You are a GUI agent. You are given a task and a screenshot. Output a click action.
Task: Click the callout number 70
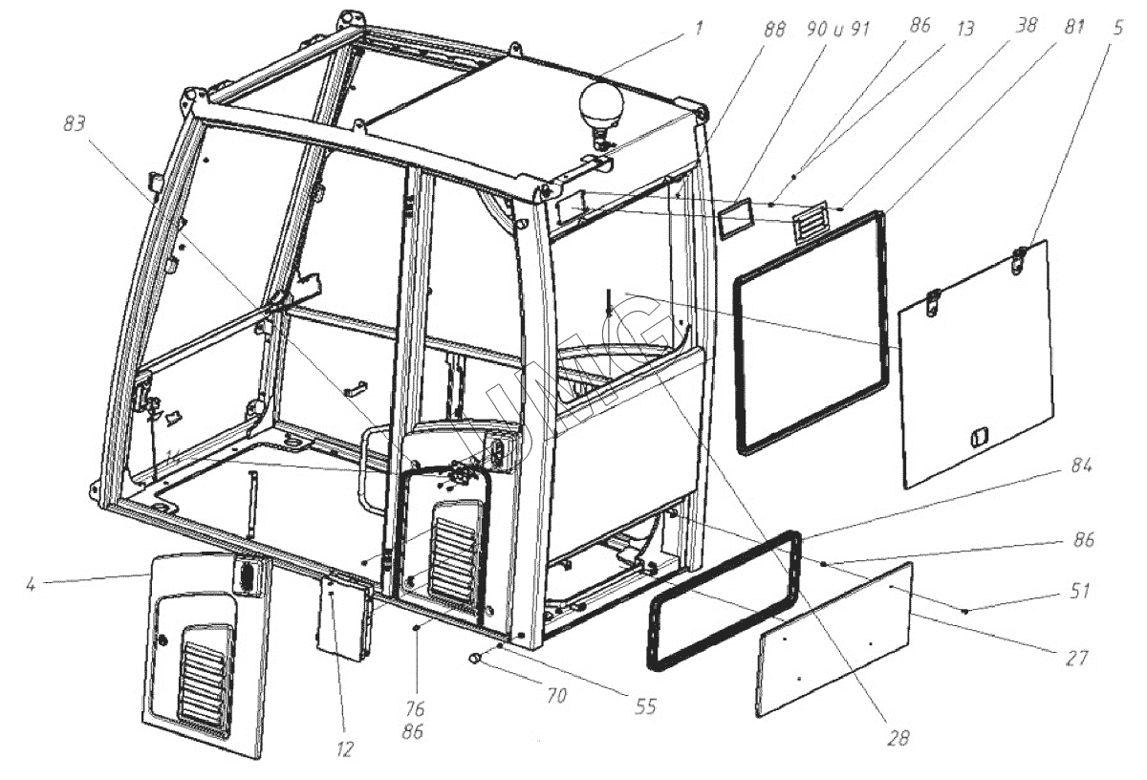click(x=556, y=696)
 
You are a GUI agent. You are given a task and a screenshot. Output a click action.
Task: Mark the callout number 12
click(x=346, y=748)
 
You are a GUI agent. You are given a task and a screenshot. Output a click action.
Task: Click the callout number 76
click(x=415, y=709)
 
